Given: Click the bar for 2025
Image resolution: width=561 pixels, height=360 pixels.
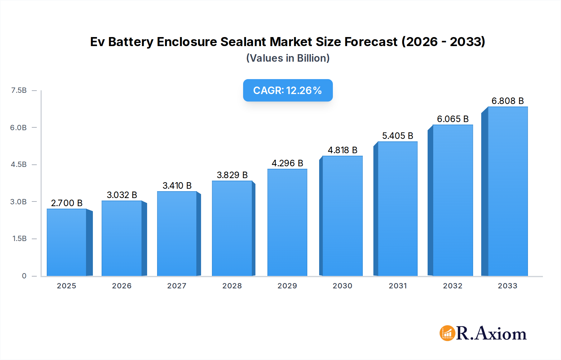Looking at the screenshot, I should click(67, 242).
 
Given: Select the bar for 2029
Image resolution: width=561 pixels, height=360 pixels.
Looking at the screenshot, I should click(287, 222).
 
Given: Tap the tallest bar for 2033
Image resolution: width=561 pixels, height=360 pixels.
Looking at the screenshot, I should click(508, 191).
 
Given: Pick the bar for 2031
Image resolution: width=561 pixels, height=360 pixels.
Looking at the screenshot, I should click(397, 209).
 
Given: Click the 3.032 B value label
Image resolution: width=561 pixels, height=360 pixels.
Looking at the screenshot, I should click(122, 195).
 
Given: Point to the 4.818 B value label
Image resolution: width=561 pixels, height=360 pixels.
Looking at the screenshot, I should click(343, 150).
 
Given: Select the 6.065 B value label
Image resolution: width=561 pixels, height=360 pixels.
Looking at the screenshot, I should click(453, 119).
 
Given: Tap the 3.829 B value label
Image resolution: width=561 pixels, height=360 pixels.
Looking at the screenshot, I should click(232, 175).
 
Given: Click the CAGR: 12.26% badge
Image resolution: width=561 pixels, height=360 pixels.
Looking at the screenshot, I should click(288, 90).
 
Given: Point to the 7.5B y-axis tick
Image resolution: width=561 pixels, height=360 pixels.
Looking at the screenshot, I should click(19, 90).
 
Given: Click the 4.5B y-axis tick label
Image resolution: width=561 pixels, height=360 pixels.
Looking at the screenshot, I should click(19, 164).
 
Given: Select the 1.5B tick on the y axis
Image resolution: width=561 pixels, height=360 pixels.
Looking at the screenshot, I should click(19, 239).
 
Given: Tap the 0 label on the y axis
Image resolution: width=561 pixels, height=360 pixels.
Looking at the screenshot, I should click(24, 276).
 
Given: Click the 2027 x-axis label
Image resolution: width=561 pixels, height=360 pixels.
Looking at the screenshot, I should click(177, 286).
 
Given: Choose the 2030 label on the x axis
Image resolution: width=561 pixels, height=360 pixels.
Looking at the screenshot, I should click(342, 286).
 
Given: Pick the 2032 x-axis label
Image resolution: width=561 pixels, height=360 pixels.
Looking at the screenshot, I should click(453, 286).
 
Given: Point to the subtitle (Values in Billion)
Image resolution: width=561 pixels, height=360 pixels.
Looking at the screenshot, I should click(288, 58).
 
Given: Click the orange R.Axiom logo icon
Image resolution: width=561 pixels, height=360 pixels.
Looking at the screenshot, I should click(447, 333).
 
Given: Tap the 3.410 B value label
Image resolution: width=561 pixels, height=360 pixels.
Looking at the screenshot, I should click(177, 186).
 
